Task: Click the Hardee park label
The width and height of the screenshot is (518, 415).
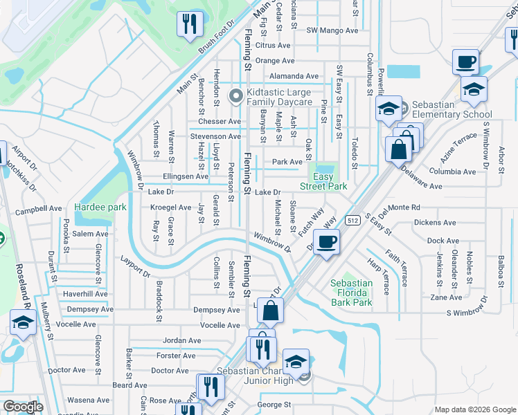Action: tap(101, 207)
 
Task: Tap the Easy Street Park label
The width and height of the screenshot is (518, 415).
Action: tap(323, 181)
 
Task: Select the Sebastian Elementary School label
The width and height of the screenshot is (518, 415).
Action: tap(452, 109)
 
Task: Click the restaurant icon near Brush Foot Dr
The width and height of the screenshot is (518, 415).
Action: tap(187, 24)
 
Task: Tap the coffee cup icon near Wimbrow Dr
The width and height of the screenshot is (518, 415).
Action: tap(326, 243)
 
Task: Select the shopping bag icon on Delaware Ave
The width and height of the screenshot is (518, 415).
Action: tap(400, 149)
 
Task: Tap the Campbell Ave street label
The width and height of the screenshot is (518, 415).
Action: tap(39, 208)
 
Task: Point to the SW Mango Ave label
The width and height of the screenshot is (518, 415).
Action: tap(332, 30)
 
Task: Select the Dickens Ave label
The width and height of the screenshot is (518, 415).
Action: tap(435, 223)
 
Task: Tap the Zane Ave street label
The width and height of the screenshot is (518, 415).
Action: tap(446, 297)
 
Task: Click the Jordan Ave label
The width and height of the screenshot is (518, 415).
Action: tap(181, 340)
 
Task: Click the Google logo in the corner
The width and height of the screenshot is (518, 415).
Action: tap(23, 407)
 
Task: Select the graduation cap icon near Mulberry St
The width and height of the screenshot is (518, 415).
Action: tap(23, 322)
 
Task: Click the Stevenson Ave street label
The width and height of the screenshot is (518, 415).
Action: tap(215, 137)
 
